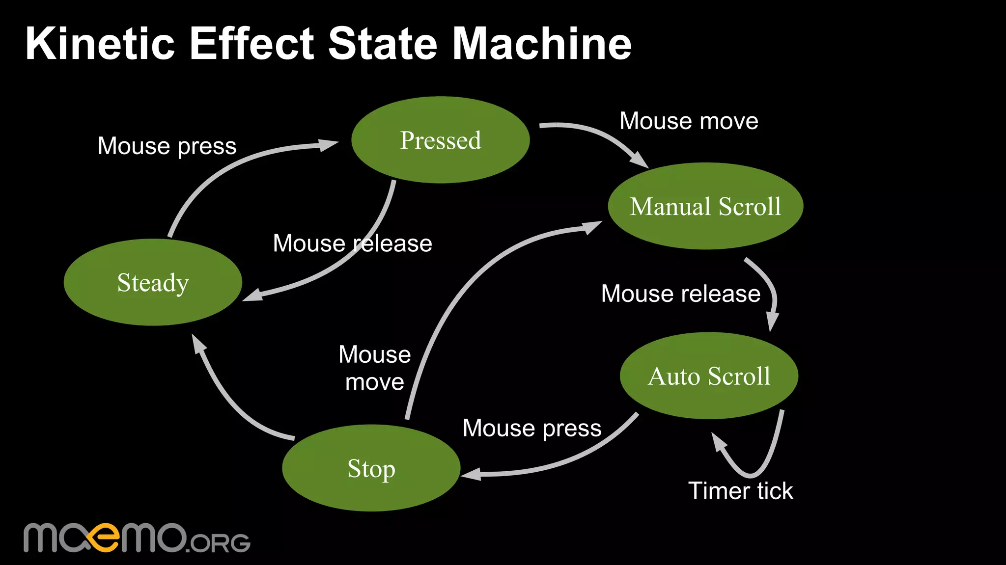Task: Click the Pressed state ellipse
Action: click(441, 140)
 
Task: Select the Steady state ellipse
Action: click(153, 282)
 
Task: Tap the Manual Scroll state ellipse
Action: click(705, 206)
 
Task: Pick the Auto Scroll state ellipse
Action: click(709, 376)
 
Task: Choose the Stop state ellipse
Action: click(371, 468)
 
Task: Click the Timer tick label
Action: click(740, 491)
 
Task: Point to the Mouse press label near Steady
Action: click(167, 146)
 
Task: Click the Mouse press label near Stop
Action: click(532, 428)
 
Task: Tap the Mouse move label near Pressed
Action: click(689, 121)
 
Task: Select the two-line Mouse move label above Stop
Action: click(375, 368)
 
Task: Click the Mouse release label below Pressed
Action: click(352, 243)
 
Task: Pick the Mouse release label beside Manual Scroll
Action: click(680, 294)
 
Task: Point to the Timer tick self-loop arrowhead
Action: click(719, 441)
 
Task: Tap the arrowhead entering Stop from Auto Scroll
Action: click(471, 474)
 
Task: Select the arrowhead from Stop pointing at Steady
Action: click(198, 344)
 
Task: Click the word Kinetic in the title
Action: click(100, 44)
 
